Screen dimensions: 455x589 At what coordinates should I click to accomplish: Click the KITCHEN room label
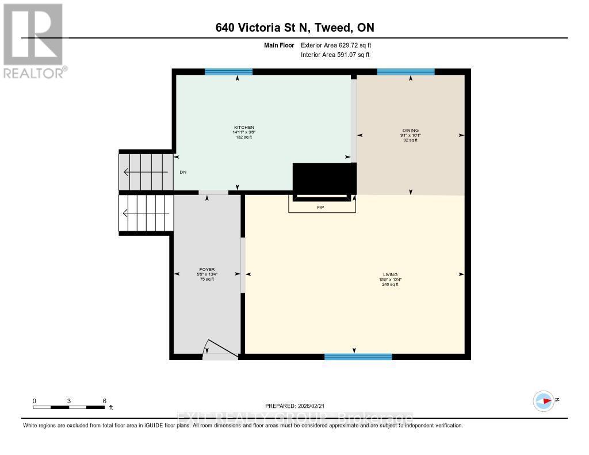click(244, 128)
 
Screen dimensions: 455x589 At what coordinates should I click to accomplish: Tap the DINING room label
click(411, 131)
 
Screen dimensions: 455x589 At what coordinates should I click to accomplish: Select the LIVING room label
click(391, 274)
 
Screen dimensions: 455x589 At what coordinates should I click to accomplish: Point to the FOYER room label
click(207, 269)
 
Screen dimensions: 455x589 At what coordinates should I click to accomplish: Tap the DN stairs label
click(183, 172)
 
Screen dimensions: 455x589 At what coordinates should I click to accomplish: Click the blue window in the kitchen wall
click(228, 72)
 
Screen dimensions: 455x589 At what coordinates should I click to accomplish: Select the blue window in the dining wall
click(406, 72)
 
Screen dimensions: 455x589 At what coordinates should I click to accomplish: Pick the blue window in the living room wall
click(358, 357)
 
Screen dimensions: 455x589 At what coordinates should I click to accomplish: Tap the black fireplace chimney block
click(321, 179)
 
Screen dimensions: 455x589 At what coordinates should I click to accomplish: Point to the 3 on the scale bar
click(69, 401)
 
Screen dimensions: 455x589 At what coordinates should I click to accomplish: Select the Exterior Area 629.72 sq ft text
click(340, 45)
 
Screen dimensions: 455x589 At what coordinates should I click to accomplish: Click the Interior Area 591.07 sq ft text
click(335, 55)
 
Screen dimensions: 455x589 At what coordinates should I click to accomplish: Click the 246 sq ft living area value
click(391, 285)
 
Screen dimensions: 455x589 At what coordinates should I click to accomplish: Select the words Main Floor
click(280, 45)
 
